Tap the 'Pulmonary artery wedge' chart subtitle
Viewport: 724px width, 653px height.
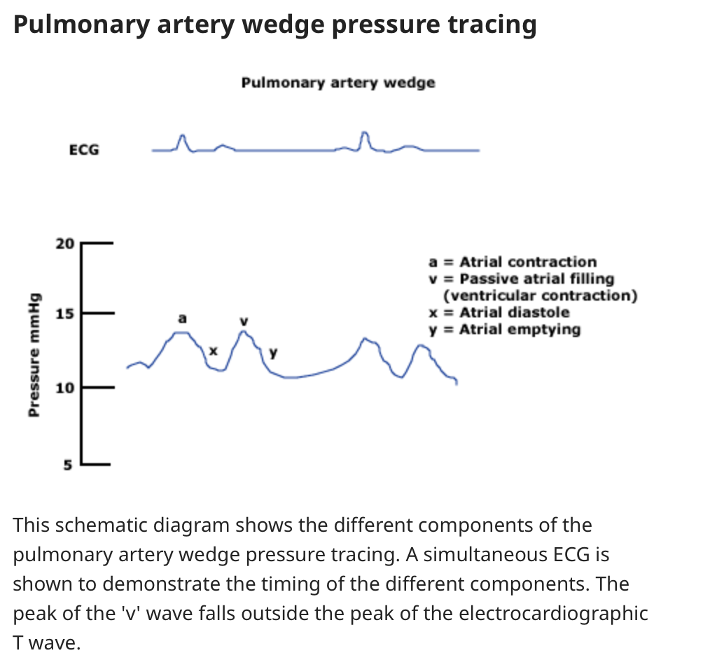(338, 83)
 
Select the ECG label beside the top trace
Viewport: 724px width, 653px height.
(84, 149)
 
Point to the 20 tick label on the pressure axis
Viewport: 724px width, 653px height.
(64, 244)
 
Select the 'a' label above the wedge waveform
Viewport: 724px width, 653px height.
(183, 318)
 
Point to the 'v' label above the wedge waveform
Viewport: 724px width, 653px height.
(244, 320)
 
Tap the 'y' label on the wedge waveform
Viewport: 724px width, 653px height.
(274, 352)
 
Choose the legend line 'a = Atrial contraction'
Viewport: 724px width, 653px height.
(513, 262)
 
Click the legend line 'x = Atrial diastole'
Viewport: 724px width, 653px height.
(499, 312)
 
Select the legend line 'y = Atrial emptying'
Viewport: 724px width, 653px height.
(504, 329)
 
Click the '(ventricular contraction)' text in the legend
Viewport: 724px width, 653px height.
(541, 296)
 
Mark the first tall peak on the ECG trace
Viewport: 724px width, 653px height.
(183, 137)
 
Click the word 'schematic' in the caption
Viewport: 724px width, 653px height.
(101, 525)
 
